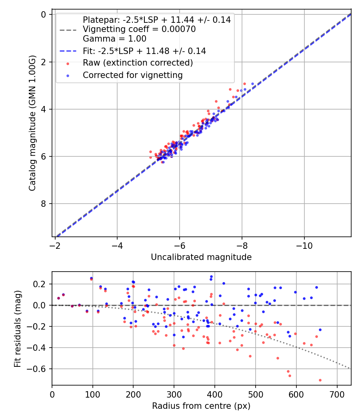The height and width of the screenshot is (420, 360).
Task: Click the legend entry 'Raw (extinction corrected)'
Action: pyautogui.click(x=138, y=63)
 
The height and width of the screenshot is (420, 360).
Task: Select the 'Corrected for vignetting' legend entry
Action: pyautogui.click(x=132, y=75)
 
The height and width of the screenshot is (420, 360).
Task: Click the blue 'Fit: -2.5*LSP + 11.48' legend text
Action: pyautogui.click(x=144, y=51)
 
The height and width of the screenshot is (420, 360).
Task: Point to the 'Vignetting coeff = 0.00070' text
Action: pyautogui.click(x=139, y=29)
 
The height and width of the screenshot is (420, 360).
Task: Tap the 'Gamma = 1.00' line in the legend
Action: pyautogui.click(x=114, y=39)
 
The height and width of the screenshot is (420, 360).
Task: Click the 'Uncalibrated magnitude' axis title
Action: pyautogui.click(x=201, y=257)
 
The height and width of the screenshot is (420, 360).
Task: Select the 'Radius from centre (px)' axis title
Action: pyautogui.click(x=201, y=406)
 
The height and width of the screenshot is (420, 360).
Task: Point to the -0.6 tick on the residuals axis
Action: pyautogui.click(x=39, y=369)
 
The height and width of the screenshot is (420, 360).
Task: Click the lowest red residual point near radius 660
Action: pyautogui.click(x=320, y=380)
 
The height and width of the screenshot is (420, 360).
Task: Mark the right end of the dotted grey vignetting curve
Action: pyautogui.click(x=350, y=368)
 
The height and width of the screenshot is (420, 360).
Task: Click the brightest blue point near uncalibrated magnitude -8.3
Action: pyautogui.click(x=252, y=84)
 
